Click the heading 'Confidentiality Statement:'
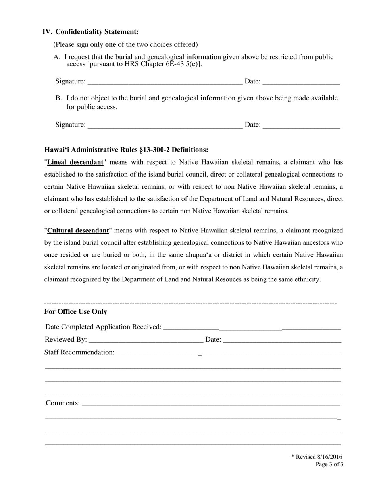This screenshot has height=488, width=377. tap(97, 32)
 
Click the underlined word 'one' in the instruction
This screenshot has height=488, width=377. tap(110, 44)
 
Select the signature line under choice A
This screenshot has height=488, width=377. tap(165, 82)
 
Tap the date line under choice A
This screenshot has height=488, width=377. tap(301, 82)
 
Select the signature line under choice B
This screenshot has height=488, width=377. tap(165, 125)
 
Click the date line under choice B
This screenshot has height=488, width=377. tap(301, 125)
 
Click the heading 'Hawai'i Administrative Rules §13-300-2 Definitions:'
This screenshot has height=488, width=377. tap(126, 150)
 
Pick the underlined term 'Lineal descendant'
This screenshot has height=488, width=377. tap(75, 162)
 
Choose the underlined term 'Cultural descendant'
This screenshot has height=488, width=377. tap(78, 231)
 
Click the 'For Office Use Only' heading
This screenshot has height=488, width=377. tap(75, 312)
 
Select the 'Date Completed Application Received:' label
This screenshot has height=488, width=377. tap(104, 327)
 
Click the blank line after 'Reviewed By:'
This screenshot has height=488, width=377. tap(146, 340)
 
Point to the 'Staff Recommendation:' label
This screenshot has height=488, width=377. tap(79, 352)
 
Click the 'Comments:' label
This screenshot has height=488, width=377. tap(63, 403)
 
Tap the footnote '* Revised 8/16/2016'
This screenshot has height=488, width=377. tap(317, 457)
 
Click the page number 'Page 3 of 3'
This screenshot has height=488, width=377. tap(329, 464)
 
